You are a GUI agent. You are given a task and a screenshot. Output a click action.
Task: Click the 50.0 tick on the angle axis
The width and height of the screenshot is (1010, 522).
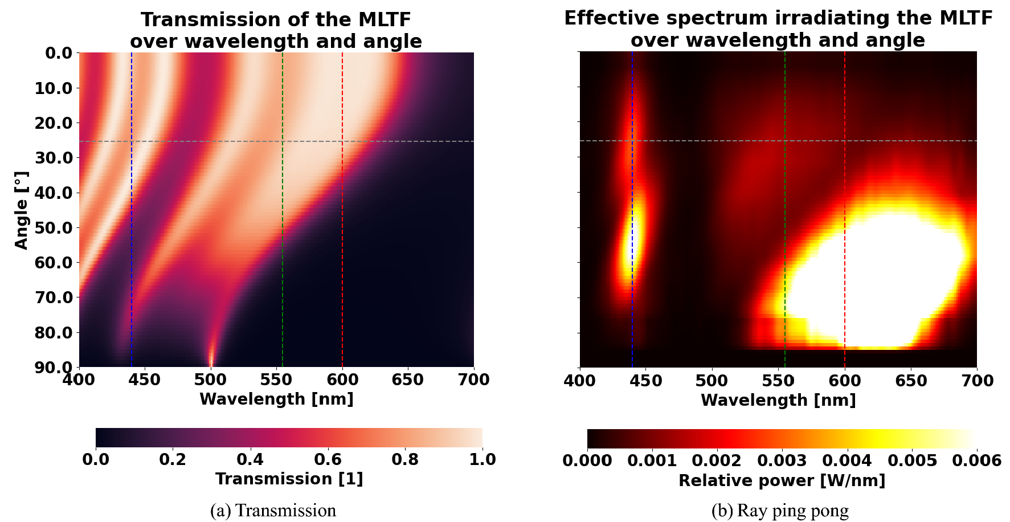[55, 228]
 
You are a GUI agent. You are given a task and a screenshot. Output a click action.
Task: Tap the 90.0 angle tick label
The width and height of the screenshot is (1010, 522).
[55, 368]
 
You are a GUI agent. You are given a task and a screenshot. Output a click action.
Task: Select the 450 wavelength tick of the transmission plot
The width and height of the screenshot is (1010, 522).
[145, 380]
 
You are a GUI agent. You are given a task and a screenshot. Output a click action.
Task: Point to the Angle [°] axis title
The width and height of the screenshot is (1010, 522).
[22, 210]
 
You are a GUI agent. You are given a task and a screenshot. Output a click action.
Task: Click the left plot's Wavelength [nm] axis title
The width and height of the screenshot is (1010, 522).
[276, 399]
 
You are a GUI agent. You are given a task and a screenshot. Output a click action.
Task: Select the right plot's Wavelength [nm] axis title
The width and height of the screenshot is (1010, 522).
[778, 400]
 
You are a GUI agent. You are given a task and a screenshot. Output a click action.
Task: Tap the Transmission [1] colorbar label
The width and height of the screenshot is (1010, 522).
[289, 479]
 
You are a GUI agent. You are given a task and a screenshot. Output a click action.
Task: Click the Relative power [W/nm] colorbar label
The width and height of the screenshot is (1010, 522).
[782, 480]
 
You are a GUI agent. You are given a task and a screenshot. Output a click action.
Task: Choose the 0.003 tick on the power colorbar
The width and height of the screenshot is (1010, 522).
[782, 460]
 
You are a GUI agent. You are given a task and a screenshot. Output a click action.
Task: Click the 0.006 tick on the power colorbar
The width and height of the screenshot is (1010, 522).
[976, 460]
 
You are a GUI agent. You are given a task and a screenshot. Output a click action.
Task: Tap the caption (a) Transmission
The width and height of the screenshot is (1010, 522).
[273, 511]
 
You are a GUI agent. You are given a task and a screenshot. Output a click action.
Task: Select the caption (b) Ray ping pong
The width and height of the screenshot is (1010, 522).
[780, 511]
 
